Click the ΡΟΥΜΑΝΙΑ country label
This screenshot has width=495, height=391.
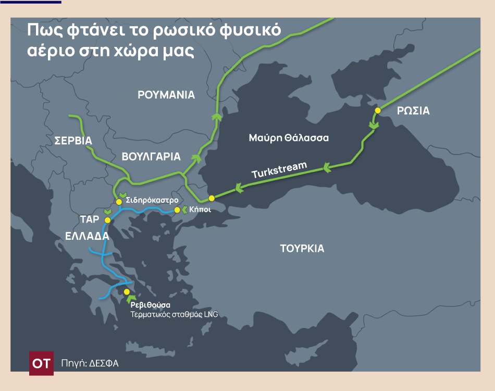[x=166, y=95]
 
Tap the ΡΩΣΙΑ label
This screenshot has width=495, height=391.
[x=413, y=111]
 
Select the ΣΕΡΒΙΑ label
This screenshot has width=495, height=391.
[x=73, y=141]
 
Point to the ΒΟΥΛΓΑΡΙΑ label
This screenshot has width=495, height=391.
[x=151, y=156]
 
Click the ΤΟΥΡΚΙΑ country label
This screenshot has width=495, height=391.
[x=302, y=248]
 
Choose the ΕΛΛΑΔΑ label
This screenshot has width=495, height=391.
[x=87, y=236]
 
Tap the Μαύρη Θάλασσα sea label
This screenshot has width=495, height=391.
[x=289, y=138]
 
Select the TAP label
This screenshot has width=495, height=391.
[x=90, y=219]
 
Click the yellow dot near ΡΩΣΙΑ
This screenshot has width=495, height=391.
[x=378, y=111]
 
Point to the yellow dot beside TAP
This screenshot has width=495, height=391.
[x=108, y=220]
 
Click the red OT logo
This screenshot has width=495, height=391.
[x=41, y=363]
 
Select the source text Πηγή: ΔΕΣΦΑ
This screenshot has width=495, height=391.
[x=90, y=363]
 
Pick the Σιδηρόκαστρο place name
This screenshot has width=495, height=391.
[x=153, y=200]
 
